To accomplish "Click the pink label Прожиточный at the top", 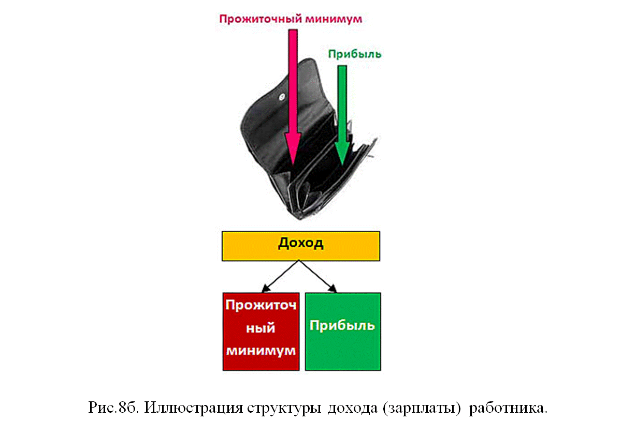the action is point(257,19).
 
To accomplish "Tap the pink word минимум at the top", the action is point(330,19).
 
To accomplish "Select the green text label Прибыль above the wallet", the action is point(355,54).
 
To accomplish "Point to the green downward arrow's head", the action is point(342,153).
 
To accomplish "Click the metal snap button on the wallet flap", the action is point(282,98).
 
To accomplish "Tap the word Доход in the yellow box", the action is point(301,244).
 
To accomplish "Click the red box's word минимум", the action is point(261,351).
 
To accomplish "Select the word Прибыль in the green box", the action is point(342,325).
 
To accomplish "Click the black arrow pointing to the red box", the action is point(280,276).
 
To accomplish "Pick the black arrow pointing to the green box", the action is point(317,276).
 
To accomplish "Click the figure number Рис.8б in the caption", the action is point(113,408).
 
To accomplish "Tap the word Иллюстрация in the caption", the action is point(194,408).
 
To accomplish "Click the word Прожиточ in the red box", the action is point(261,306).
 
